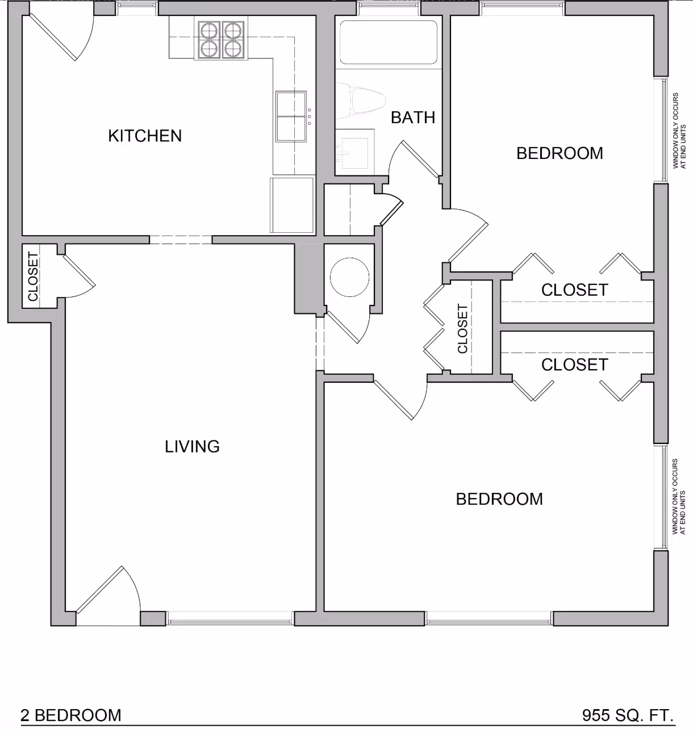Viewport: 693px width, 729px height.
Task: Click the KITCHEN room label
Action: coord(145,136)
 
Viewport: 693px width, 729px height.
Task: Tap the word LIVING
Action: coord(192,446)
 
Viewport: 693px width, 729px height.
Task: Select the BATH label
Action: coord(413,118)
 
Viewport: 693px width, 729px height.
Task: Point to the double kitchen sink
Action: coord(291,116)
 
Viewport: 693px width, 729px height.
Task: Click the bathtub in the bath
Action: coord(389,42)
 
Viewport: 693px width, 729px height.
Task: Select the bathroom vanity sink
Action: coord(354,150)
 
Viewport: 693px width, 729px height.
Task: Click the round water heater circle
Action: coord(349,277)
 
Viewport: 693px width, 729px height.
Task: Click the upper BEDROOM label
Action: coord(560,153)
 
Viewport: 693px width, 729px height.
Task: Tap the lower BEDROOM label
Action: coord(499,499)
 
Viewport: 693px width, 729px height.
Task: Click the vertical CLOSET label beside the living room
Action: coord(33,276)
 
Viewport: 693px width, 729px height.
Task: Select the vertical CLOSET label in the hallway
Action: coord(462,329)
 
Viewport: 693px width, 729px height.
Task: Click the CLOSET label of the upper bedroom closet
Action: coord(574,290)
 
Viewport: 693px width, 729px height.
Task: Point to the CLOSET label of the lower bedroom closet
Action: coord(574,364)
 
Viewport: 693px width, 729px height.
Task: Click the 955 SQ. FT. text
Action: coord(628,715)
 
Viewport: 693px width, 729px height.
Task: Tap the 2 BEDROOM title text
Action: coord(71,715)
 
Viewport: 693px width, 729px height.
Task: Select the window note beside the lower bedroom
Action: coord(679,496)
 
